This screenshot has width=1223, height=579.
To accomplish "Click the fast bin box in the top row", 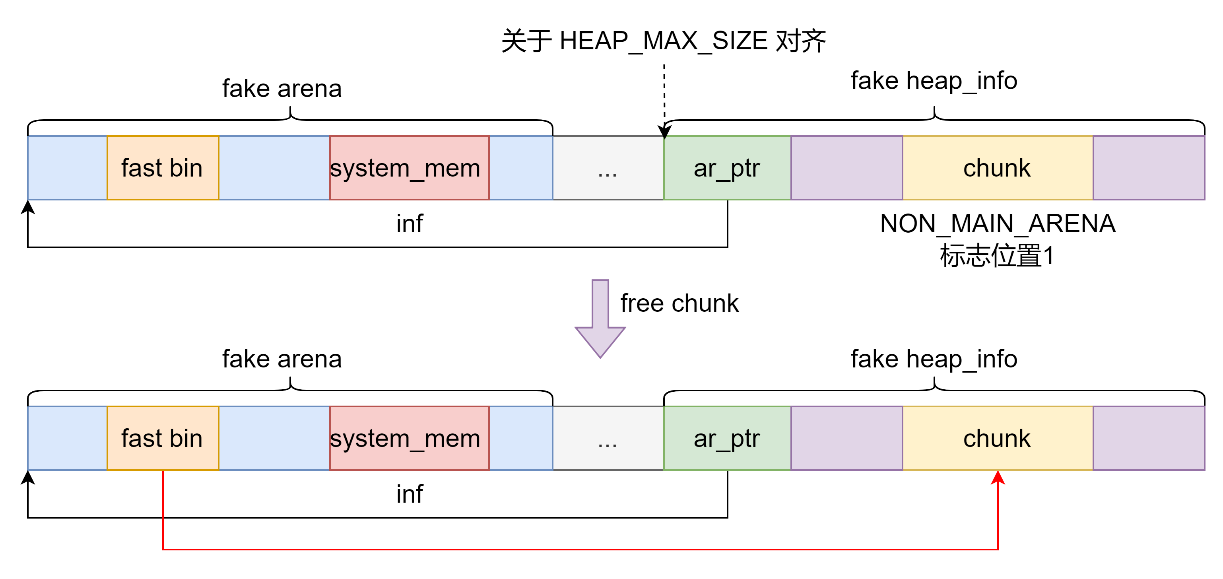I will click(162, 168).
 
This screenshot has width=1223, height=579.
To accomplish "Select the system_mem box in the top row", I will click(409, 168).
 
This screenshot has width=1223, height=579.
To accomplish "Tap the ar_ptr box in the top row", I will click(727, 168).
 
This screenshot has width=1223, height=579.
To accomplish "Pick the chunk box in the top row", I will click(997, 168).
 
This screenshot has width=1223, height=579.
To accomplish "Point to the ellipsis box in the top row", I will click(608, 168).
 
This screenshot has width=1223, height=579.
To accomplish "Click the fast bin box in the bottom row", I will click(162, 438).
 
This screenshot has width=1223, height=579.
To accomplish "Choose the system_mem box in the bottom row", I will click(409, 438).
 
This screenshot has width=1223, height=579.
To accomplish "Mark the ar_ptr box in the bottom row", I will click(727, 438).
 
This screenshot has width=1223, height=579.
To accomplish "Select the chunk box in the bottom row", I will click(997, 438).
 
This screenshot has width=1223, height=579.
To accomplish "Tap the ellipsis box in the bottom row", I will click(608, 438).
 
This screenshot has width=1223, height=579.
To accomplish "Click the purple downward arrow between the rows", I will click(600, 318).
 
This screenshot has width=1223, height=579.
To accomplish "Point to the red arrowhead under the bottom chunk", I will click(998, 478).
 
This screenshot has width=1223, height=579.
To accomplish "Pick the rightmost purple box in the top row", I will click(1149, 168).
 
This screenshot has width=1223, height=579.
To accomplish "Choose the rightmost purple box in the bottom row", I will click(1149, 438).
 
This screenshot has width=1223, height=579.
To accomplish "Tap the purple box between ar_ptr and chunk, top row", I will click(846, 168).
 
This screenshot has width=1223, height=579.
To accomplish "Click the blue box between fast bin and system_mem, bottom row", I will click(274, 438).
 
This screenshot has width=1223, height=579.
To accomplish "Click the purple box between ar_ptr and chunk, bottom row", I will click(846, 438).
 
